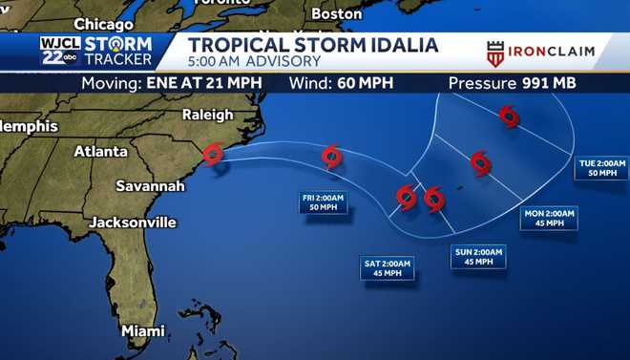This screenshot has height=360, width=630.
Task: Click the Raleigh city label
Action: click(206, 115)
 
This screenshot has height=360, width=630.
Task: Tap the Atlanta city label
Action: click(100, 151)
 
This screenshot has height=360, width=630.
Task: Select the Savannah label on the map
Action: click(150, 185)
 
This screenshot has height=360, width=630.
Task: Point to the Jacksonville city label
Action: click(133, 222)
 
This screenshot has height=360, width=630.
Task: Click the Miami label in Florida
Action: click(142, 330)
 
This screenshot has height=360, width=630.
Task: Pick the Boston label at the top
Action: click(337, 13)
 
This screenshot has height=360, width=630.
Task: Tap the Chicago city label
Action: click(103, 23)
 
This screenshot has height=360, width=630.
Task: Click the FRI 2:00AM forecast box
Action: click(324, 202)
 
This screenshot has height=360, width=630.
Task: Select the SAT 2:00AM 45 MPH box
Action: click(387, 267)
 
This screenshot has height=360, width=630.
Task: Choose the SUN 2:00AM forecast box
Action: click(478, 256)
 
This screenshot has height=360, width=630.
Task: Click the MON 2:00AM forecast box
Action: click(550, 218)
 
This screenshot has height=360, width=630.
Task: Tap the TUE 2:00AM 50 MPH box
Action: click(602, 168)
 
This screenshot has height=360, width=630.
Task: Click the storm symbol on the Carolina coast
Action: click(214, 154)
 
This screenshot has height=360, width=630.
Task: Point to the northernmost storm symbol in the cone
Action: click(509, 116)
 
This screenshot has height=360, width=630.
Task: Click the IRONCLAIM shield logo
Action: click(495, 53)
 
